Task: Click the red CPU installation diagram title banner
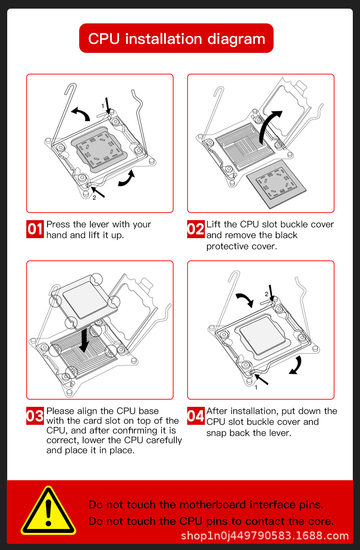pos(176,38)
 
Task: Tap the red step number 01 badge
pos(35,229)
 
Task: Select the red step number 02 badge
pos(196,229)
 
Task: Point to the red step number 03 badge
pos(35,416)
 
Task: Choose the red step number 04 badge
pos(196,416)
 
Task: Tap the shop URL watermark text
pos(265,536)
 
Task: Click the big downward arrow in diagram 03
pos(84,340)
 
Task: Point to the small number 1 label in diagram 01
pos(103,106)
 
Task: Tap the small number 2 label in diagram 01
pos(94,198)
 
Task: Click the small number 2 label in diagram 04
pos(266,294)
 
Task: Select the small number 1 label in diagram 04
pos(256,387)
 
